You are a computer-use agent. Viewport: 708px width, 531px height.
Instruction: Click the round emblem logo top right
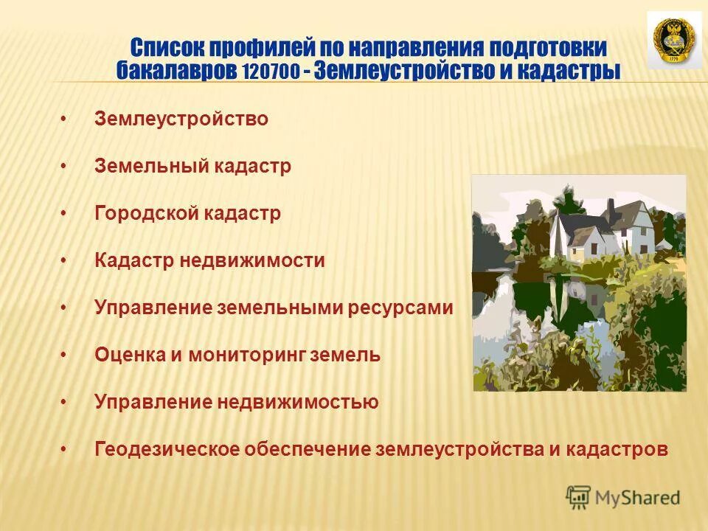pyautogui.click(x=674, y=41)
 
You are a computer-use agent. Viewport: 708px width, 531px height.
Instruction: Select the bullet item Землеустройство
pyautogui.click(x=181, y=119)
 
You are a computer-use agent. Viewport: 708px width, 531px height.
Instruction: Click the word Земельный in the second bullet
pyautogui.click(x=152, y=166)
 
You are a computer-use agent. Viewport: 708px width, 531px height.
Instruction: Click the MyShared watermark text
pyautogui.click(x=637, y=498)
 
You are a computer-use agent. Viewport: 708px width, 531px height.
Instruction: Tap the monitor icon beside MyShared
pyautogui.click(x=579, y=498)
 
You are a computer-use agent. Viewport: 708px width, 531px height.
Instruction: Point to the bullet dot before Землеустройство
pyautogui.click(x=64, y=119)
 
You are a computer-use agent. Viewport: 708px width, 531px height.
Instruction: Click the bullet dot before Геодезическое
pyautogui.click(x=64, y=449)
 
